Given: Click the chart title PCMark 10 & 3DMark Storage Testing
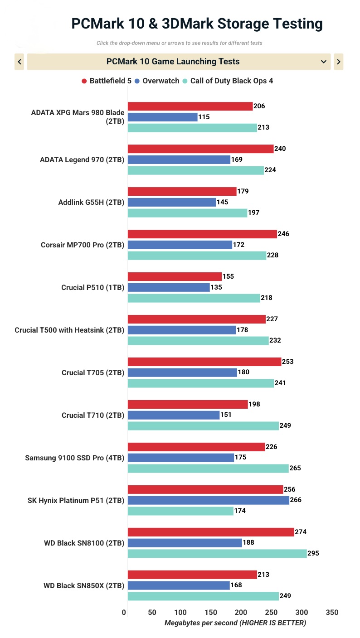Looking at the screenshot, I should coord(197,24).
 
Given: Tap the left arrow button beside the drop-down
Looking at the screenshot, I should coord(19,62).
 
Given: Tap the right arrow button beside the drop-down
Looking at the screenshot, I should coord(338,62).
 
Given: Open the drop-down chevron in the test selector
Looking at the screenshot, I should coord(324,62).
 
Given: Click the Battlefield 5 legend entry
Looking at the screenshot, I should coord(107,81).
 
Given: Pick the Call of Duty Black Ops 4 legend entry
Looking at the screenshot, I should coord(228,81).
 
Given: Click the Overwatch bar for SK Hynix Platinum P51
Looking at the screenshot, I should coord(209,500).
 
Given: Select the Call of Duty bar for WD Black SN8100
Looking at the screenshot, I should coord(217,553).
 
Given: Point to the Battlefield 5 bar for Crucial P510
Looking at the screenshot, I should coord(175,276).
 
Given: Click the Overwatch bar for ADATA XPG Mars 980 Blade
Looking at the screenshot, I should coord(163,117).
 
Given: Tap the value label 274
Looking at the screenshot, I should coord(301,532).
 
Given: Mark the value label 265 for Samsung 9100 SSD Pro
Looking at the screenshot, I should coord(295,468).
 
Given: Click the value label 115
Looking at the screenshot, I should coord(204,117).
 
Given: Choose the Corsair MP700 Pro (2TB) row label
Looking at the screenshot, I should coord(83,245).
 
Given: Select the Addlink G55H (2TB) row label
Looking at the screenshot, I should coord(91,202).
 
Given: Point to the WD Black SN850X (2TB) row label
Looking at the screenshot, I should coord(84,585).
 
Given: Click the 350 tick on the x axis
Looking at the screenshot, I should coord(332,613).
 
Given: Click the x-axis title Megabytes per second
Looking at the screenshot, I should coord(235,623).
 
